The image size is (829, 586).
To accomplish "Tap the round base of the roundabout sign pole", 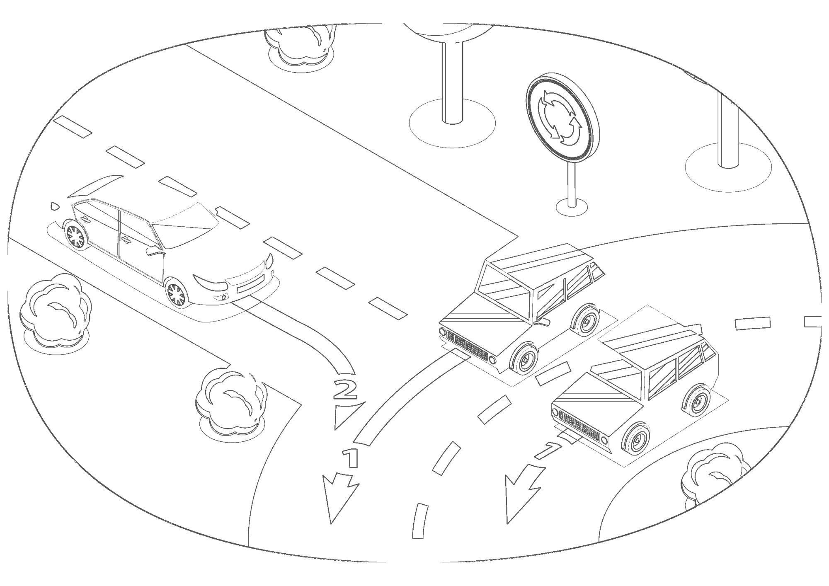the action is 572,206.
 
